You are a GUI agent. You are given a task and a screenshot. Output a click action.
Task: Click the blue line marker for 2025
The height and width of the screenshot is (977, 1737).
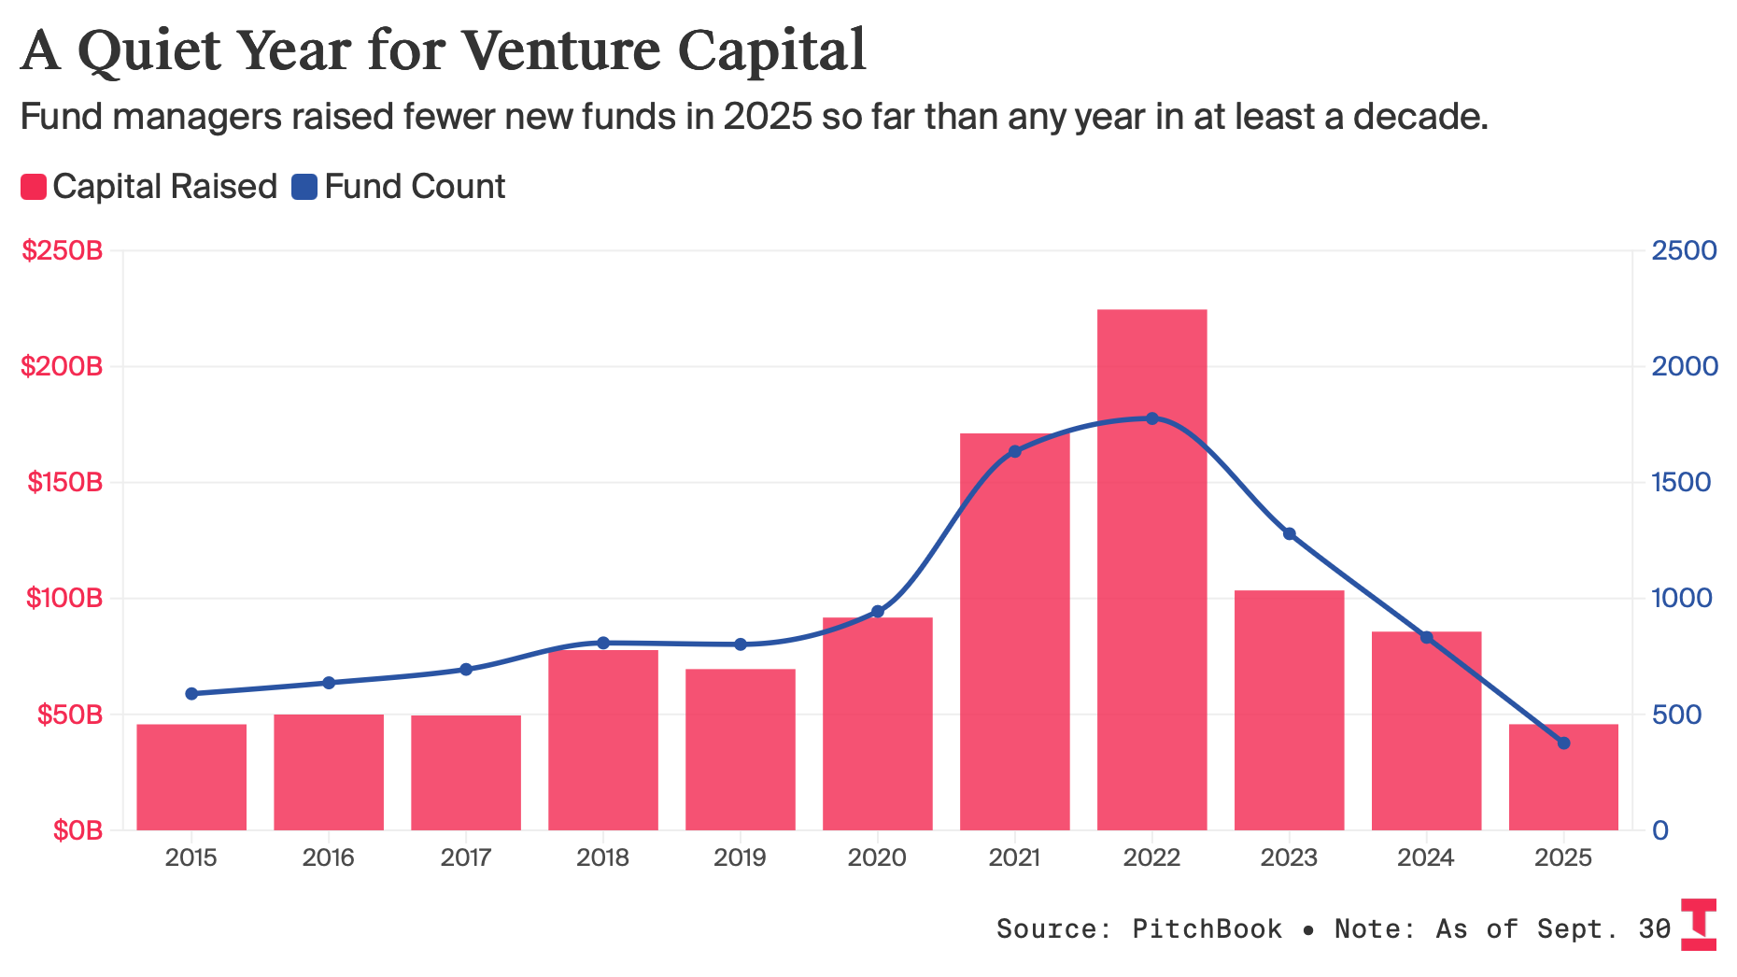pyautogui.click(x=1563, y=743)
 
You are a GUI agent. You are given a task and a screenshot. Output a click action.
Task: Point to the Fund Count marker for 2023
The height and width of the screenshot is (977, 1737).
pyautogui.click(x=1289, y=534)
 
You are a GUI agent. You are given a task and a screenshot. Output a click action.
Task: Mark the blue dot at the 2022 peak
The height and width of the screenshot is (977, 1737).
pyautogui.click(x=1151, y=418)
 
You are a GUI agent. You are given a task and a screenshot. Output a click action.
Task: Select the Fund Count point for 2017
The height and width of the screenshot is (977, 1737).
pyautogui.click(x=466, y=670)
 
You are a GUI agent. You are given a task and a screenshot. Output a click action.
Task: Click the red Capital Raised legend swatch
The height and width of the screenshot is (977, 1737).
pyautogui.click(x=34, y=187)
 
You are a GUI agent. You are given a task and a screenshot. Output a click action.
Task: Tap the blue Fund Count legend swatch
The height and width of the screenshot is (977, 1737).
pyautogui.click(x=304, y=187)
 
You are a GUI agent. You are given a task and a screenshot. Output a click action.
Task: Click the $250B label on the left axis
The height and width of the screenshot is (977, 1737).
pyautogui.click(x=62, y=250)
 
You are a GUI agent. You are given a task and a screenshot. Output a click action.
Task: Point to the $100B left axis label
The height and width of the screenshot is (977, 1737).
pyautogui.click(x=64, y=598)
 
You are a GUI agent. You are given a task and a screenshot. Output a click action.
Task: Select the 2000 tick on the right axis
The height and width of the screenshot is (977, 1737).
pyautogui.click(x=1684, y=366)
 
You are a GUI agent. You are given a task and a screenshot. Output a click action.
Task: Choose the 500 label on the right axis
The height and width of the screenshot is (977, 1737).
pyautogui.click(x=1676, y=715)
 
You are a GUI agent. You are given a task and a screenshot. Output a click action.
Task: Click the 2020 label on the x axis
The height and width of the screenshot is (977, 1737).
pyautogui.click(x=877, y=857)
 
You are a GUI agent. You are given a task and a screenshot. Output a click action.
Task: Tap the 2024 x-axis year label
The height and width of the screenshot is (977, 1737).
pyautogui.click(x=1425, y=857)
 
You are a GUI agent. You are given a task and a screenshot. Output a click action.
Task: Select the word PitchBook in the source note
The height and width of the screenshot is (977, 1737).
pyautogui.click(x=1207, y=928)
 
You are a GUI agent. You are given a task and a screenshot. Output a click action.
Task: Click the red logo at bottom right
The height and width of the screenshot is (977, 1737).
pyautogui.click(x=1698, y=925)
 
